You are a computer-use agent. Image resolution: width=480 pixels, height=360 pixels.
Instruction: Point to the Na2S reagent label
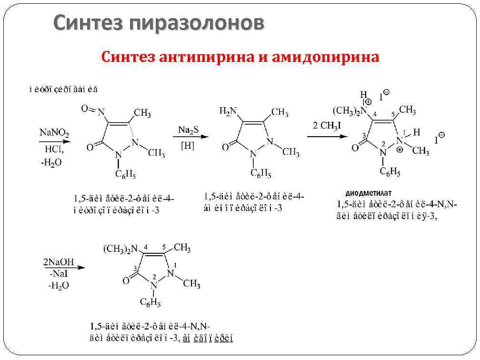[189, 130]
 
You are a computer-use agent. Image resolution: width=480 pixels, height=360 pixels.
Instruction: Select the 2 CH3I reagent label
[327, 126]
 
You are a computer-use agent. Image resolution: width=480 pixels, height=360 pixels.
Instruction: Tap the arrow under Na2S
[190, 137]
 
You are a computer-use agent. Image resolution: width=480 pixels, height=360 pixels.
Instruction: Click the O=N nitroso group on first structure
[93, 110]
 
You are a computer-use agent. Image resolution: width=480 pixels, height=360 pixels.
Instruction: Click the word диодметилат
[369, 193]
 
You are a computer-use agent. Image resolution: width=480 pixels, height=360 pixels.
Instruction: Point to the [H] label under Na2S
[188, 146]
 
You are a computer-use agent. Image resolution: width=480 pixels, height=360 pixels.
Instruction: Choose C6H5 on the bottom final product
[150, 302]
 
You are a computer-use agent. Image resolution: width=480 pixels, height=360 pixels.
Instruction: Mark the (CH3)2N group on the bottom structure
[120, 249]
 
